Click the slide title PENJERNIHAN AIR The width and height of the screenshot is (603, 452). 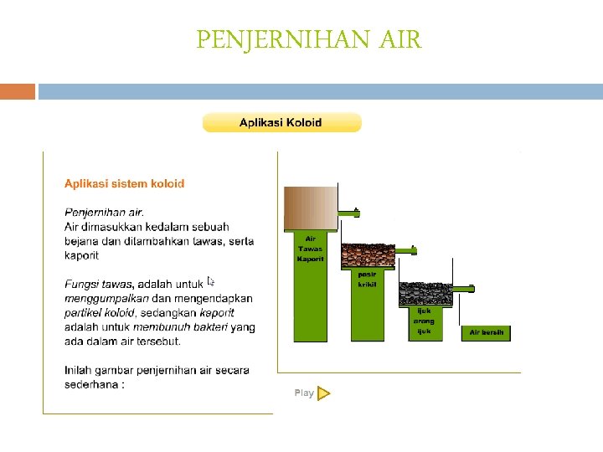pyautogui.click(x=309, y=39)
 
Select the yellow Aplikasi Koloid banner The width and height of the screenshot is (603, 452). pyautogui.click(x=281, y=123)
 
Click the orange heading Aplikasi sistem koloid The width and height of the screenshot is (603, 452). pyautogui.click(x=125, y=183)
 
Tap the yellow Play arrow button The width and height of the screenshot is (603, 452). pyautogui.click(x=324, y=393)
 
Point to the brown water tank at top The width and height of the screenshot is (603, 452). pyautogui.click(x=311, y=206)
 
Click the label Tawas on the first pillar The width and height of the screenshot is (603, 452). pyautogui.click(x=310, y=249)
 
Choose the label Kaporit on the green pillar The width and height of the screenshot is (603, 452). pyautogui.click(x=310, y=259)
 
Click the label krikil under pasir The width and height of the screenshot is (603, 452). pyautogui.click(x=367, y=285)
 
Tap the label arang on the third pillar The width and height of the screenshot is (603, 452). pyautogui.click(x=424, y=321)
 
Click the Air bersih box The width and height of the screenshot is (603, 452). pyautogui.click(x=486, y=332)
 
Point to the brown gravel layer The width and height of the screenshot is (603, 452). pyautogui.click(x=373, y=255)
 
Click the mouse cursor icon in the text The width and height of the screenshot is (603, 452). pyautogui.click(x=211, y=281)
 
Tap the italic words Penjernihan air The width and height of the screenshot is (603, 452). pyautogui.click(x=104, y=213)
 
